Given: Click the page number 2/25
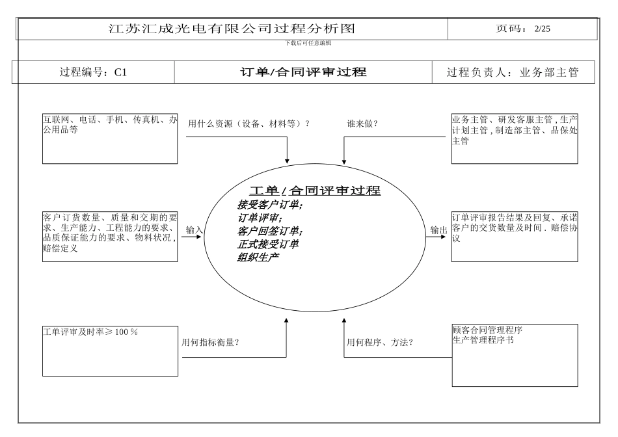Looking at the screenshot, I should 542,29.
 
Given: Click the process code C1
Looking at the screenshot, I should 120,73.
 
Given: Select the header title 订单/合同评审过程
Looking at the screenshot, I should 303,72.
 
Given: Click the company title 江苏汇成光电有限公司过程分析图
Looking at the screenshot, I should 232,29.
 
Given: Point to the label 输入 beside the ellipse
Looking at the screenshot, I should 195,230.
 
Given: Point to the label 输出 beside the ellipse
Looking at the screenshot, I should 438,230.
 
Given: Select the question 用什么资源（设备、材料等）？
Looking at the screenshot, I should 249,124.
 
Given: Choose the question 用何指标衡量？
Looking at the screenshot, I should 210,342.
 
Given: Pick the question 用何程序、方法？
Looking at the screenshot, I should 380,342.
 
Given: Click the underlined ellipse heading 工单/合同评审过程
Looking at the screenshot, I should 315,191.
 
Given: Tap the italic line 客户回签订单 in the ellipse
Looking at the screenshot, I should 270,231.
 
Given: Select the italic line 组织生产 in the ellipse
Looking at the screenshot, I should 258,257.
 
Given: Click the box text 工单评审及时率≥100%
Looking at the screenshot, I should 90,332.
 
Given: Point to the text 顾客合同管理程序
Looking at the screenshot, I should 487,330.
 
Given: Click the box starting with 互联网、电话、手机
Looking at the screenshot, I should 109,139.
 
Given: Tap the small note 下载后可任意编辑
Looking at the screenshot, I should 308,43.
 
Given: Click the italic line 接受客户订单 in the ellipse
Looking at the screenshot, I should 270,205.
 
